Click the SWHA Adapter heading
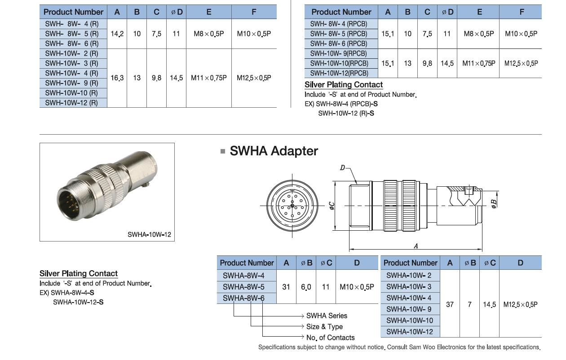click(274, 151)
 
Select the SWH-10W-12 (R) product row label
click(71, 103)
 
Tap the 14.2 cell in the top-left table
click(117, 34)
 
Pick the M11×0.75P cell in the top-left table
click(209, 78)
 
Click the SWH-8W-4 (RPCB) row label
click(338, 24)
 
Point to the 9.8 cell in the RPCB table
click(427, 63)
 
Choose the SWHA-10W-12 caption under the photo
click(149, 234)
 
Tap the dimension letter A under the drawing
click(416, 246)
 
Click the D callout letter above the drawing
click(342, 168)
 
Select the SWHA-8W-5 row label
click(243, 286)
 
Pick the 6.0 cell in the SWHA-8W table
click(306, 286)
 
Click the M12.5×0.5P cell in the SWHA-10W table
click(520, 304)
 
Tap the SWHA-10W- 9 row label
click(409, 309)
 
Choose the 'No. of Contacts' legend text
click(330, 338)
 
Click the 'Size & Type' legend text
click(324, 326)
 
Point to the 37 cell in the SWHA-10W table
click(450, 304)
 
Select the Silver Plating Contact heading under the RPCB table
click(344, 85)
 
